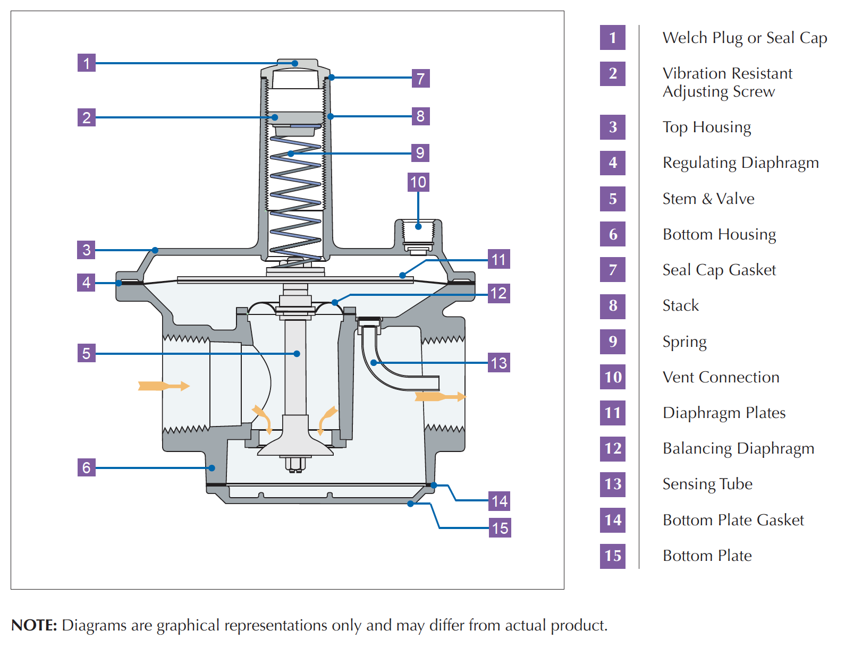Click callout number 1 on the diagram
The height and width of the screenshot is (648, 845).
click(x=86, y=63)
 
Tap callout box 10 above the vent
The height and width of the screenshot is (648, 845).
click(x=418, y=182)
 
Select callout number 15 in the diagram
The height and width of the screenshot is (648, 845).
click(x=500, y=528)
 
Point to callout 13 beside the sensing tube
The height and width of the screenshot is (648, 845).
click(x=498, y=363)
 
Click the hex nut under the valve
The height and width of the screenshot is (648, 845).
click(x=295, y=464)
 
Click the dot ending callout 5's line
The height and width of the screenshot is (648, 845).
click(x=297, y=354)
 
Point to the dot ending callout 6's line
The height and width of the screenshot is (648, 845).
click(x=212, y=468)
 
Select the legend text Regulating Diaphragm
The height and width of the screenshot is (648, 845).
click(x=740, y=163)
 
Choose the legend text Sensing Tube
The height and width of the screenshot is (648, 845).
click(x=707, y=484)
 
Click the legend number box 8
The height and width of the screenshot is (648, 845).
click(x=613, y=306)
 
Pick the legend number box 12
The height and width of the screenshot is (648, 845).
click(x=613, y=449)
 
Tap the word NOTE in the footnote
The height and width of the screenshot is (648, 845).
click(x=34, y=625)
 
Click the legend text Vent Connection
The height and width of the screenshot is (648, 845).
click(x=721, y=377)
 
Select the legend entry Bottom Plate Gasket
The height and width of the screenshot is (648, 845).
click(x=733, y=520)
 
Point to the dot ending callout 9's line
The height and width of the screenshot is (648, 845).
click(x=291, y=154)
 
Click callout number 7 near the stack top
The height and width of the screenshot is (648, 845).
click(x=420, y=79)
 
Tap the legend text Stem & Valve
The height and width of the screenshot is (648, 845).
click(x=708, y=199)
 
